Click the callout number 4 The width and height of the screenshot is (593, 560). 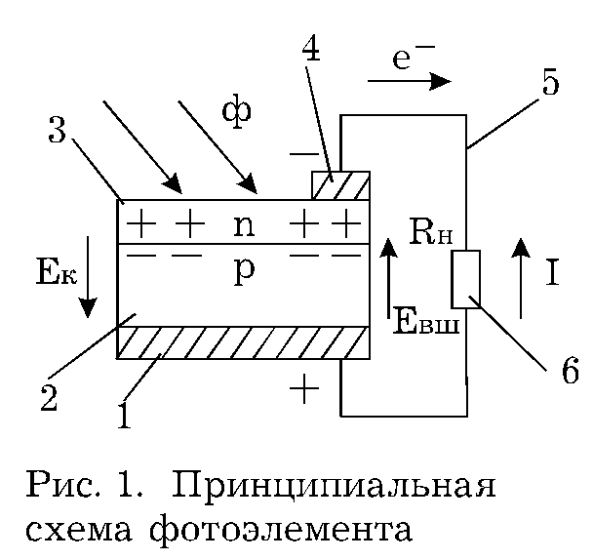point(311,50)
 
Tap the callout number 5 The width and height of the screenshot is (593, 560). point(550,82)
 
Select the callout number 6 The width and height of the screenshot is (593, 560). point(570,370)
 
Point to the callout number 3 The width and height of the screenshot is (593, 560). point(58,130)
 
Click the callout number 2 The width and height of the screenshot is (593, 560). point(49,398)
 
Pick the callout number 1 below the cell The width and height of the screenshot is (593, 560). point(125,416)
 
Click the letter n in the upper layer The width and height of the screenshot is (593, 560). point(244,226)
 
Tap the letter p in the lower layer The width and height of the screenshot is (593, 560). point(244,271)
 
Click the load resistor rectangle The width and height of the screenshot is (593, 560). point(465,279)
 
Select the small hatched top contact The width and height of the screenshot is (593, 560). point(340,185)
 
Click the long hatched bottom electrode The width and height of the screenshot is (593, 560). point(243,342)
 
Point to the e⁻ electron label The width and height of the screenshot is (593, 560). point(413,58)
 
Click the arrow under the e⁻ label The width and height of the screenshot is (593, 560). point(410,81)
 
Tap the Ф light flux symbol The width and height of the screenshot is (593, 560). point(236,111)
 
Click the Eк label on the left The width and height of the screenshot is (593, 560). point(57,271)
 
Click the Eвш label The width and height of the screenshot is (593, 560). point(426,321)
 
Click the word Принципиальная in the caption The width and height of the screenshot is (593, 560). point(334,486)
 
